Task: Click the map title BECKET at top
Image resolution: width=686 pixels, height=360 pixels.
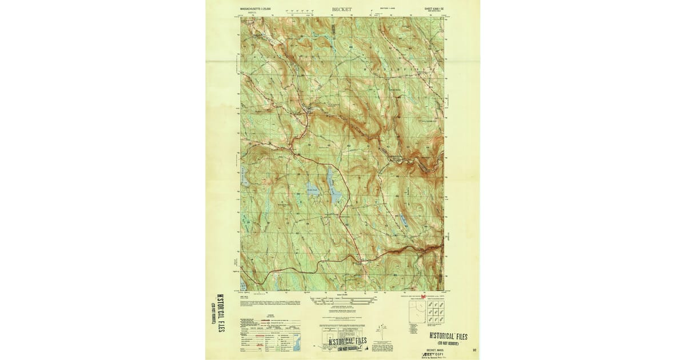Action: tap(342, 10)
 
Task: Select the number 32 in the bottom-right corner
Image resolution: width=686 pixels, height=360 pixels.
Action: tap(474, 348)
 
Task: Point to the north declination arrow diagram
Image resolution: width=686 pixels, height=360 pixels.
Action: tap(378, 331)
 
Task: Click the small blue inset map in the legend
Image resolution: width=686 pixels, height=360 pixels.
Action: tap(296, 343)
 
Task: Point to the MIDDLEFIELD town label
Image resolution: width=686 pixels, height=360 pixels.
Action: tap(412, 69)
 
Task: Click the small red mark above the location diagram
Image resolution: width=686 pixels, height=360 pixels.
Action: tap(424, 297)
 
